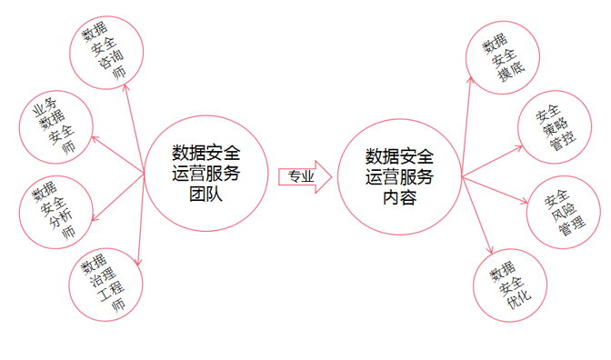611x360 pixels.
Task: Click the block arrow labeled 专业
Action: pyautogui.click(x=305, y=177)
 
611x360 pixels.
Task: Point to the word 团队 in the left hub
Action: pyautogui.click(x=205, y=194)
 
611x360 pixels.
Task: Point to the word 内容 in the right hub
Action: pyautogui.click(x=399, y=197)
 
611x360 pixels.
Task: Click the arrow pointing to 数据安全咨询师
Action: pyautogui.click(x=135, y=129)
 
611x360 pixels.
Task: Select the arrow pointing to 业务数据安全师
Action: pyautogui.click(x=118, y=155)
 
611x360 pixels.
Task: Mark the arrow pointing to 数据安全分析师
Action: pyautogui.click(x=118, y=197)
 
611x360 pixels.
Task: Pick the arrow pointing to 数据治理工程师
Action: pyautogui.click(x=141, y=220)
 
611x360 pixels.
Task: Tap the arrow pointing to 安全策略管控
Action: pyautogui.click(x=492, y=161)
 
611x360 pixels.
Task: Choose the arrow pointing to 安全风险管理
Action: pyautogui.click(x=495, y=190)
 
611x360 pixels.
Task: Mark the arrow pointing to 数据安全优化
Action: pyautogui.click(x=477, y=215)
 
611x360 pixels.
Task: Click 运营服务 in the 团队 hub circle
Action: pyautogui.click(x=205, y=174)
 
